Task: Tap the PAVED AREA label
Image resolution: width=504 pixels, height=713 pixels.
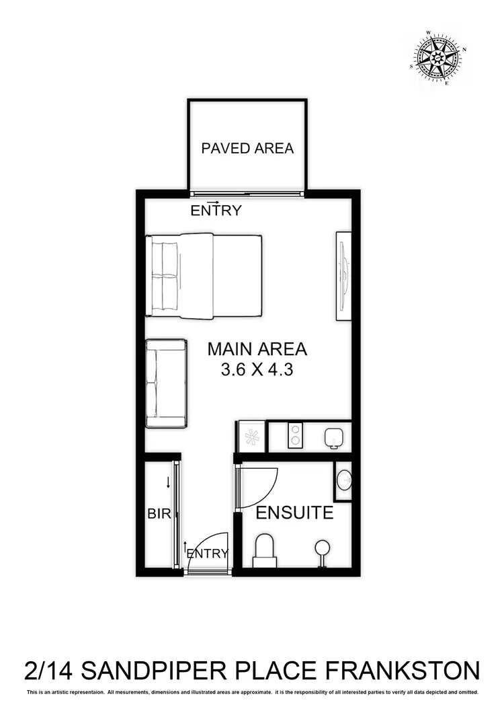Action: pyautogui.click(x=247, y=148)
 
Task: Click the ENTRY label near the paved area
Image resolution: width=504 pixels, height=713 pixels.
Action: pyautogui.click(x=216, y=210)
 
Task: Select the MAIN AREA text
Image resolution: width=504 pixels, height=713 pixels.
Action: pyautogui.click(x=257, y=349)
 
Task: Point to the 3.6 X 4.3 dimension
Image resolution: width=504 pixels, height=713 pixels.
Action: pyautogui.click(x=257, y=369)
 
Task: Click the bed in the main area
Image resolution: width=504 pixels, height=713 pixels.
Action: pyautogui.click(x=204, y=276)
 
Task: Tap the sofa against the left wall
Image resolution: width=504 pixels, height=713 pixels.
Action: pyautogui.click(x=166, y=383)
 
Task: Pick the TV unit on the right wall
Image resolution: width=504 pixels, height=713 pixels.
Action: pyautogui.click(x=343, y=276)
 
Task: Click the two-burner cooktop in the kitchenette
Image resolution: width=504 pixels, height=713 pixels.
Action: pyautogui.click(x=295, y=437)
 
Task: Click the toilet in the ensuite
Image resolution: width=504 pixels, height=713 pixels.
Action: pyautogui.click(x=265, y=550)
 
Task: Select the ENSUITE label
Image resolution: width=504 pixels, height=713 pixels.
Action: pyautogui.click(x=295, y=513)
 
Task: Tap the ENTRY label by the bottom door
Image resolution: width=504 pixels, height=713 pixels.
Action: pyautogui.click(x=208, y=554)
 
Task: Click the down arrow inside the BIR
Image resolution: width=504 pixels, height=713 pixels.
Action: pyautogui.click(x=168, y=482)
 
